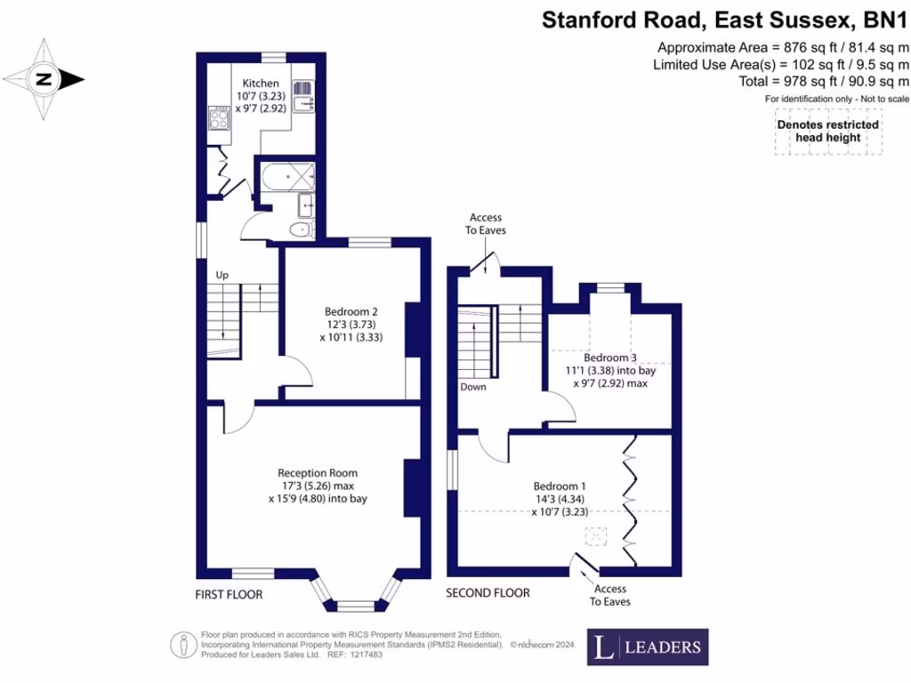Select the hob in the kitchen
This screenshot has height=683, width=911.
click(218, 117)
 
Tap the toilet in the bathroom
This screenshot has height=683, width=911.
click(302, 230)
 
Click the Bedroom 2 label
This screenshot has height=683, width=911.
click(351, 311)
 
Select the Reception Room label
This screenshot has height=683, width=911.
click(318, 473)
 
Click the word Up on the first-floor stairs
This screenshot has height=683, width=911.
click(222, 275)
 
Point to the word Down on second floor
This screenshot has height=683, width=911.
click(473, 387)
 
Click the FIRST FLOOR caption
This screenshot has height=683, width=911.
click(229, 593)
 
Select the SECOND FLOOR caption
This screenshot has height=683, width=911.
click(488, 593)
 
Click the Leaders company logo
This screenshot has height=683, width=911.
click(649, 647)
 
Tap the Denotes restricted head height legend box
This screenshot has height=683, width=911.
click(828, 132)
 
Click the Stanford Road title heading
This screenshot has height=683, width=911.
click(725, 20)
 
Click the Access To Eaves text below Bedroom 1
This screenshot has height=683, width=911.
click(609, 595)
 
